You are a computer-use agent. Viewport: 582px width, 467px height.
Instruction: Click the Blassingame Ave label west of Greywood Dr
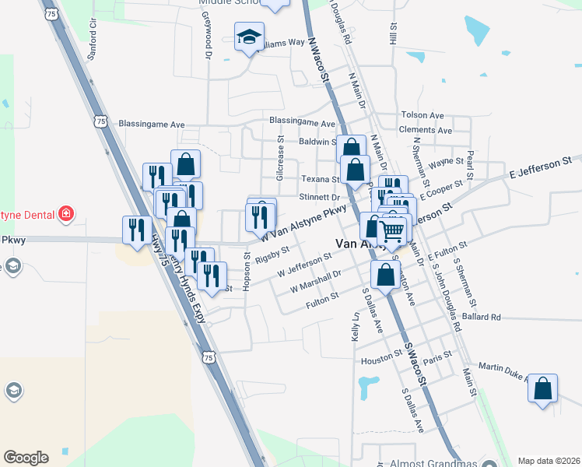click(151, 124)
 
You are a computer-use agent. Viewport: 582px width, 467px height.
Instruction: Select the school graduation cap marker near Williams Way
click(250, 37)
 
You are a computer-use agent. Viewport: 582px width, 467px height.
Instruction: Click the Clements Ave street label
click(425, 130)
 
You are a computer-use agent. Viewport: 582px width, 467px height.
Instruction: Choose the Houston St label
click(380, 361)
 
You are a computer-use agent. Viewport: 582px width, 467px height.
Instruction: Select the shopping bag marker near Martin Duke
click(542, 388)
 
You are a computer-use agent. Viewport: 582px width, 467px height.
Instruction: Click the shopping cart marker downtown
click(391, 230)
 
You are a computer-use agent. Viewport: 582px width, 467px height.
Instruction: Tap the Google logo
click(26, 457)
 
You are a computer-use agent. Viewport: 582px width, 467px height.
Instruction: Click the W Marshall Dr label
click(316, 281)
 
